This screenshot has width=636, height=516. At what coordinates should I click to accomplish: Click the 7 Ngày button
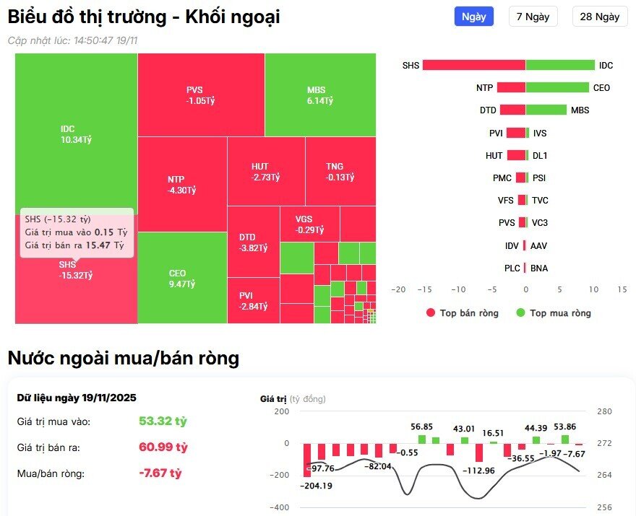tap(533, 17)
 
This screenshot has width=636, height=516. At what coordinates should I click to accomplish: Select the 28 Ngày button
tap(599, 17)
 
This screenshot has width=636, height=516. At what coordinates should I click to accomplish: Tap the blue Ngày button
tap(473, 17)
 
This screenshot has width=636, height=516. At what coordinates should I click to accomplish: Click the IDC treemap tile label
tap(67, 134)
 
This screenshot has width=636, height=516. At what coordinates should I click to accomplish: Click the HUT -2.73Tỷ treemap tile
tap(265, 172)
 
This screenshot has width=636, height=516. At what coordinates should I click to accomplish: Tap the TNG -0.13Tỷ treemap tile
tap(340, 172)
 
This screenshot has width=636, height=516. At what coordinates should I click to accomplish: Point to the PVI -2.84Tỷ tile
tap(254, 301)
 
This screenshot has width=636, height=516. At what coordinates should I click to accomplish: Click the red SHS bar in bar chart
tap(473, 65)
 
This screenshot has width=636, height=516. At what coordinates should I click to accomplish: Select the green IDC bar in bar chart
tap(560, 65)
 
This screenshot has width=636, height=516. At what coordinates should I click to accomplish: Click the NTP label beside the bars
tap(484, 87)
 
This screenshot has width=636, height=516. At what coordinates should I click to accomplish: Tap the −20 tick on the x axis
tap(397, 289)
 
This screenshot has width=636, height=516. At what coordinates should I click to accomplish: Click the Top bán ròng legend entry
tap(462, 313)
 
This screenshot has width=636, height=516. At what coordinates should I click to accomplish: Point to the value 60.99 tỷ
tap(163, 447)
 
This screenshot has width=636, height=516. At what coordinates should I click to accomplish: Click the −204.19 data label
tap(316, 486)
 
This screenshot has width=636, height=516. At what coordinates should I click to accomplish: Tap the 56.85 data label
tap(421, 427)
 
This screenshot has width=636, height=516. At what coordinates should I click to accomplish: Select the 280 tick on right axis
tap(606, 411)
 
